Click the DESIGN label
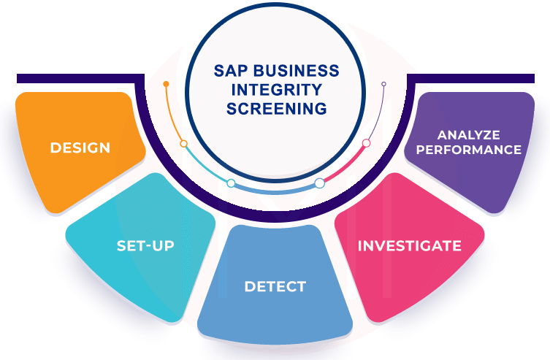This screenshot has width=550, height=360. click(x=80, y=148)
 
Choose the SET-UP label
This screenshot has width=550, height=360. click(x=145, y=246)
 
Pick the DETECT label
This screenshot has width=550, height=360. click(x=275, y=286)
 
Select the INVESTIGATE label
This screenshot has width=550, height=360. click(x=409, y=246)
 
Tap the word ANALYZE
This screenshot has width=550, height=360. click(x=468, y=135)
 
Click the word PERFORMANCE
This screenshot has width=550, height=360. click(x=468, y=150)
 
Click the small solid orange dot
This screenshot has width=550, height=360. click(x=167, y=85)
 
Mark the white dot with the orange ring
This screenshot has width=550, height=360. click(x=183, y=144)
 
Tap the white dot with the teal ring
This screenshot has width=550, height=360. click(x=231, y=183)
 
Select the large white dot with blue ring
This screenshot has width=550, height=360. click(x=319, y=183)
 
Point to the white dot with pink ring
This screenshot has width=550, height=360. click(x=367, y=143)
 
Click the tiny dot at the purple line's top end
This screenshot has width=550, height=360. click(x=383, y=84)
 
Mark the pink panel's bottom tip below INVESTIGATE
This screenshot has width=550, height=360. click(x=380, y=319)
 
